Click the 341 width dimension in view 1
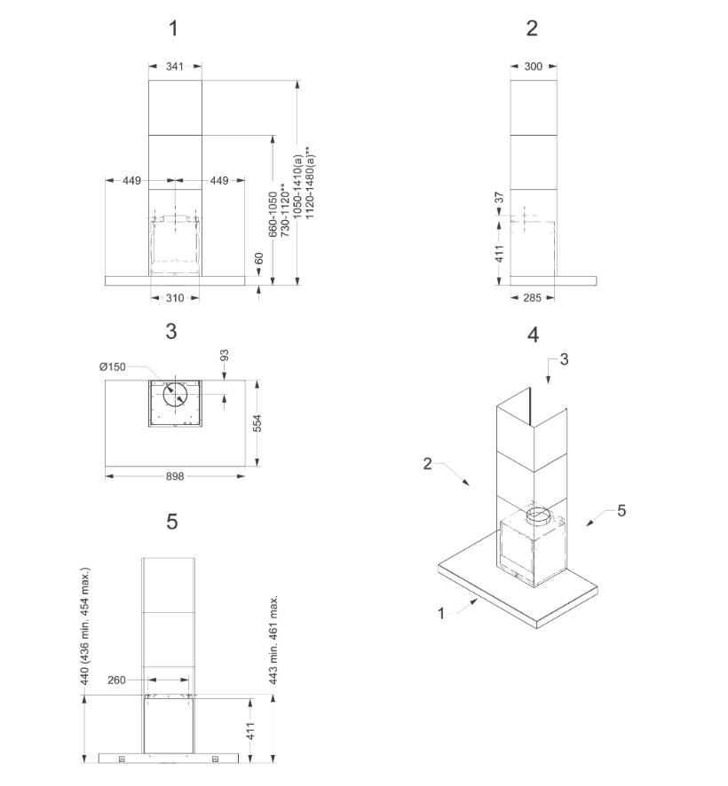point(175,67)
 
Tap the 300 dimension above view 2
point(533,67)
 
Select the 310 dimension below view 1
point(175,298)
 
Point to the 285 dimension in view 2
point(533,298)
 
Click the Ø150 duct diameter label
point(113,367)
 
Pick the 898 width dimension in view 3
point(175,476)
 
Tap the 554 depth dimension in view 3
point(257,423)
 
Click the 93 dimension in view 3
point(225,356)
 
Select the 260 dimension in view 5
point(116,680)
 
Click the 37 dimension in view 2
point(499,197)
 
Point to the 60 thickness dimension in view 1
point(259,259)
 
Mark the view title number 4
point(534,334)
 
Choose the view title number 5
point(172,522)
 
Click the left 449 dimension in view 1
point(132,180)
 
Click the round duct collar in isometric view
point(538,517)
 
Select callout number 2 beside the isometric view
point(427,464)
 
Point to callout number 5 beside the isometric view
point(621,511)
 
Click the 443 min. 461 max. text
point(273,640)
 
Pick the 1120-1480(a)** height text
point(310,182)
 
